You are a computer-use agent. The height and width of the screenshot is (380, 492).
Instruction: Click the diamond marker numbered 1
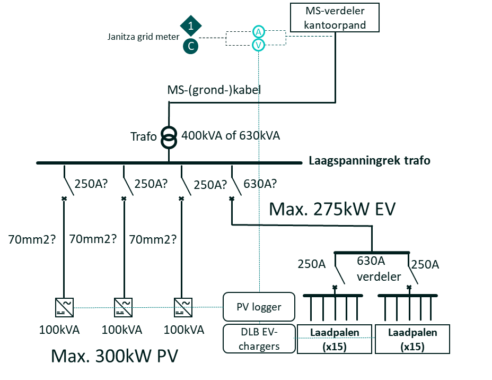(191, 25)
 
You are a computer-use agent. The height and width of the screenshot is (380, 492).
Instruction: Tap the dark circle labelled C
(191, 46)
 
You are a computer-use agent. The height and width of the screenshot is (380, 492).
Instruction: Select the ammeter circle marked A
(258, 31)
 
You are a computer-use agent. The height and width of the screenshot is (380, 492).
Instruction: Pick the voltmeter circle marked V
(258, 46)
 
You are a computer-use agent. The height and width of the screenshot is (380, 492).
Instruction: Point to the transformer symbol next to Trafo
(169, 137)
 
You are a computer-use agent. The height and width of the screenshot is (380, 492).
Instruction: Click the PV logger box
(259, 307)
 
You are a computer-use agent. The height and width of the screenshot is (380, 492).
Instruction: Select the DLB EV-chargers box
(259, 339)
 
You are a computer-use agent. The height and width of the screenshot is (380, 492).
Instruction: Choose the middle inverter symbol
(124, 307)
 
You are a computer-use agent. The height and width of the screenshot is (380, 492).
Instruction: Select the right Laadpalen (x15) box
(412, 339)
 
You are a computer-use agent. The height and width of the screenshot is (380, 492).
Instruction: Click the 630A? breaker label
(260, 184)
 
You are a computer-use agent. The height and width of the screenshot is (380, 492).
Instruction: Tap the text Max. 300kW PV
(114, 356)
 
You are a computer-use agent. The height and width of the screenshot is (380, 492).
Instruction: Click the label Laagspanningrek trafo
(370, 160)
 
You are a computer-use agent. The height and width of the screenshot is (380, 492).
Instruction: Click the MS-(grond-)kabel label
(214, 90)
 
